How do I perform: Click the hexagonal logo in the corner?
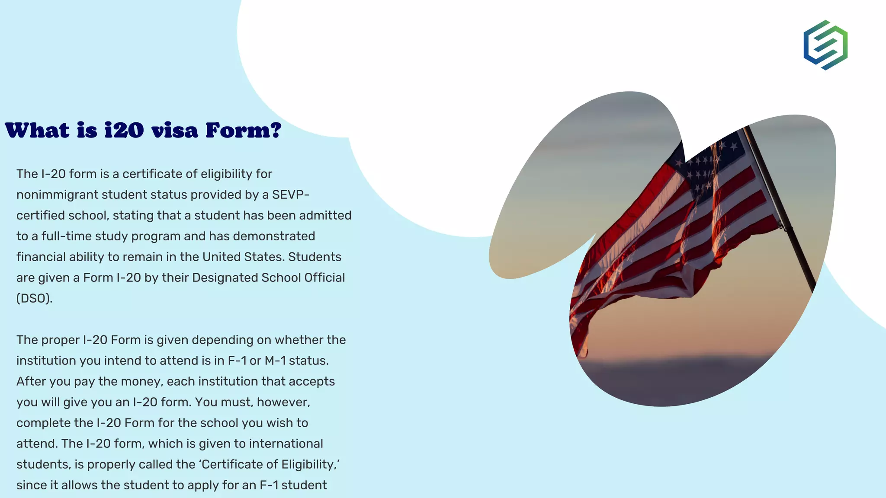click(x=825, y=45)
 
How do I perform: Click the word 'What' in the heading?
click(x=37, y=130)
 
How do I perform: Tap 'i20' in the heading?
click(x=124, y=130)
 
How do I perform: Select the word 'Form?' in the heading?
click(x=243, y=130)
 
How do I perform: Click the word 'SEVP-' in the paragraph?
click(x=291, y=195)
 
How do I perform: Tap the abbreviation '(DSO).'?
click(x=35, y=299)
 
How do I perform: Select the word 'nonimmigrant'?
click(x=57, y=195)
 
